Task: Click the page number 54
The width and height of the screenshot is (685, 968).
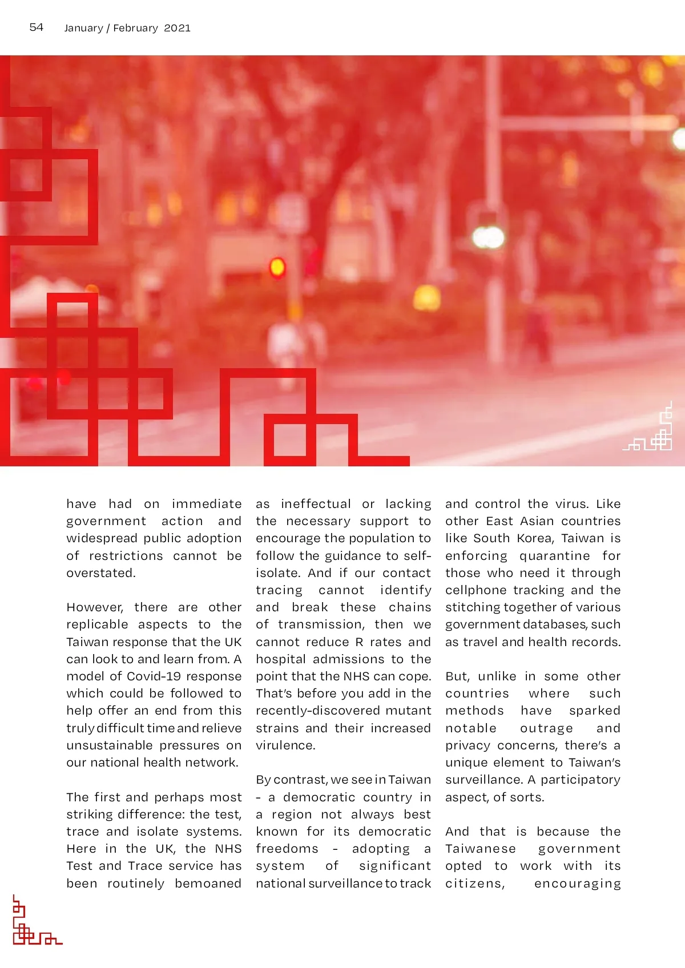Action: pos(36,27)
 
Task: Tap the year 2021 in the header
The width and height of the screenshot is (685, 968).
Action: pos(177,28)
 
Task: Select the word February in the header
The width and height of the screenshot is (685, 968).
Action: pos(135,28)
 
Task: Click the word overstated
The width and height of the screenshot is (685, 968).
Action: pos(101,573)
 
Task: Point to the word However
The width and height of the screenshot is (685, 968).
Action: pos(95,607)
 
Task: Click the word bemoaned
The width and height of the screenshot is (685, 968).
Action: pos(208,884)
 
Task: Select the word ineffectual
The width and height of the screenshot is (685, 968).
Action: pos(316,504)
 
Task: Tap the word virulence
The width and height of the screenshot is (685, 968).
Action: pos(285,745)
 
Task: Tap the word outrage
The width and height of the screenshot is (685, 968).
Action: pos(546,728)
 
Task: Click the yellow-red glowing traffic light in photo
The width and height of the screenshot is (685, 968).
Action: pos(277,267)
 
